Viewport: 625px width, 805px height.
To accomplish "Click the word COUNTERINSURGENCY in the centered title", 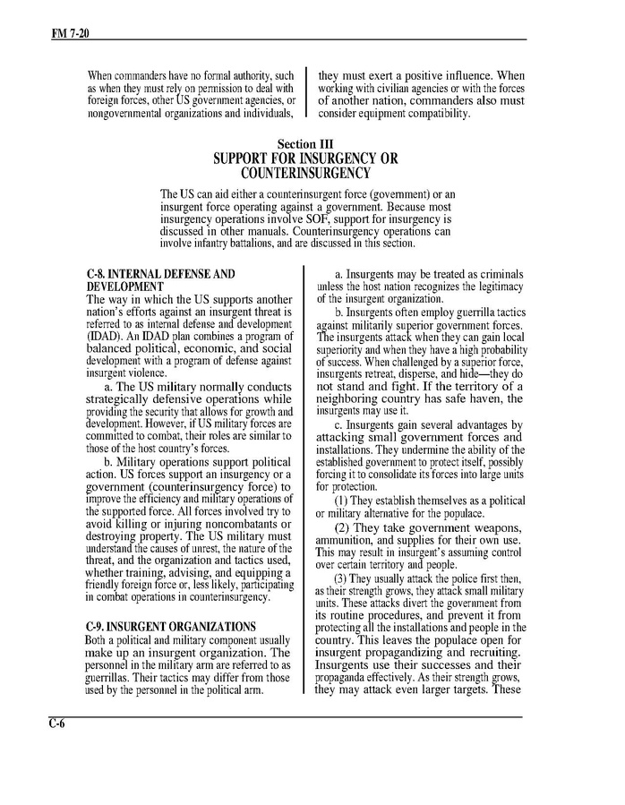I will tap(305, 173).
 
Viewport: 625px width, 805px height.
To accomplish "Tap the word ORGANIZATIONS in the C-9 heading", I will tap(212, 626).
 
